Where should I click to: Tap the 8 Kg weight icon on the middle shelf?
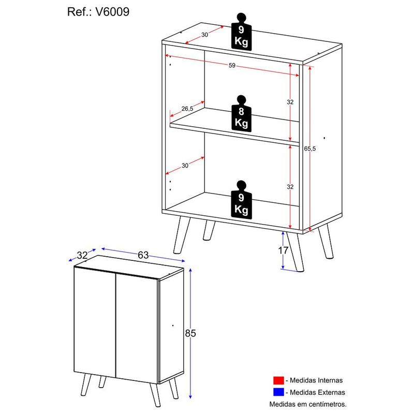pos(241,113)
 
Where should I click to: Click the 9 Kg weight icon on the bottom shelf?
pos(241,199)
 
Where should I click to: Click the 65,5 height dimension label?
pos(310,149)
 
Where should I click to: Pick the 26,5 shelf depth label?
pos(187,109)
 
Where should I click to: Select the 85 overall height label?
pos(190,333)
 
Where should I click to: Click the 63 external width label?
pos(143,255)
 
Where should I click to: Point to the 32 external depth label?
pos(82,255)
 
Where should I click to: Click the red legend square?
pos(279,380)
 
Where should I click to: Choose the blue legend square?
pos(279,392)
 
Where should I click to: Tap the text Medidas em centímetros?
pos(307,404)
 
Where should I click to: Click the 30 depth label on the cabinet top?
pos(204,35)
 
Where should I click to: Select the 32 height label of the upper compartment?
pos(290,102)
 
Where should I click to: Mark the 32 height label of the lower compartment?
pos(290,187)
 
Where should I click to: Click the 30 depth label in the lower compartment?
pos(185,166)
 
